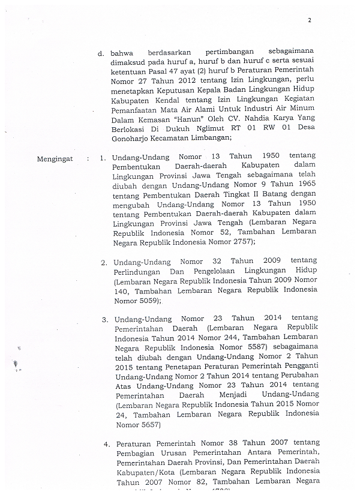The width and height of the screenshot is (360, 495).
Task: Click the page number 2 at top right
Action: coord(309,20)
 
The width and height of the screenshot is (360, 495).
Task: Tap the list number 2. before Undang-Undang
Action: coord(104,262)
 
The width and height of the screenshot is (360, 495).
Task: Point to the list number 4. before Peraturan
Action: coord(106,445)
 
